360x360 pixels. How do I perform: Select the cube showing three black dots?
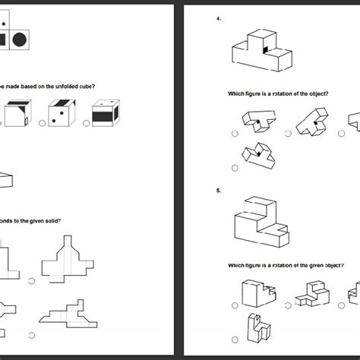[x=58, y=116]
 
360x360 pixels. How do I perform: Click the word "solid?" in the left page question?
[x=51, y=221]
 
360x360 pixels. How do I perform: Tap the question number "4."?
[x=219, y=19]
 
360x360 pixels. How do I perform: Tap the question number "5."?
[x=219, y=191]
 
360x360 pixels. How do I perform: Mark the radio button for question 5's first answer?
[x=235, y=305]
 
